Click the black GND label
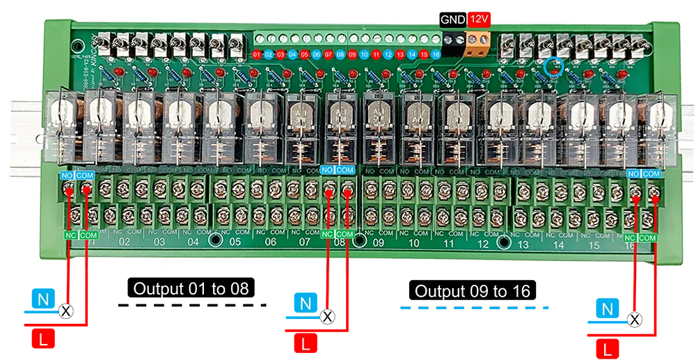click(x=453, y=19)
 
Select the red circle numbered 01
click(x=257, y=54)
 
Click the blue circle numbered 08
click(x=340, y=54)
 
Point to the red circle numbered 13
click(x=400, y=54)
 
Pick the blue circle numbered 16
click(x=436, y=54)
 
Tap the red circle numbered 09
click(x=352, y=54)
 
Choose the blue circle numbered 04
click(x=292, y=54)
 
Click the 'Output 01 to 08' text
click(x=191, y=288)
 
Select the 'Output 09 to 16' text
click(x=473, y=291)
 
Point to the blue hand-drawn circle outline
click(x=555, y=67)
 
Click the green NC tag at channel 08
click(x=328, y=235)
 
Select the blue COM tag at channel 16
click(x=651, y=173)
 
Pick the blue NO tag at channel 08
click(x=328, y=170)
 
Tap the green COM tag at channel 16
click(x=648, y=238)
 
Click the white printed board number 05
click(x=235, y=242)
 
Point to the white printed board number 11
click(x=449, y=244)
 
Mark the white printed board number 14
click(x=558, y=245)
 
